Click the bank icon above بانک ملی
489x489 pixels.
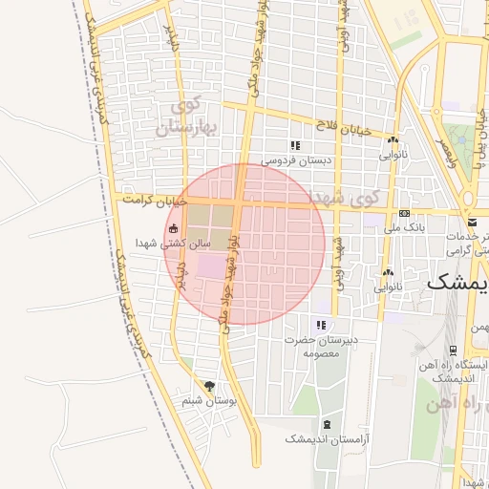coord(404,213)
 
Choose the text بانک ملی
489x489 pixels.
coord(403,228)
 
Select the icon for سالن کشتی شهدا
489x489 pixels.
coord(174,228)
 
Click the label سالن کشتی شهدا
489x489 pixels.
coord(172,244)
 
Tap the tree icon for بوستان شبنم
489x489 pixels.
coord(210,385)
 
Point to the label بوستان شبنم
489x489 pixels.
coord(209,401)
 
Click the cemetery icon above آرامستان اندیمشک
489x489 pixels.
coord(328,423)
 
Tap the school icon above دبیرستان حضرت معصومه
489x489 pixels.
coord(320,324)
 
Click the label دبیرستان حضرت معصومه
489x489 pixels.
coord(319,346)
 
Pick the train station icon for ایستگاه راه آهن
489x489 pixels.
coord(453,351)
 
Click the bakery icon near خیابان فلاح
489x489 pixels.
coord(393,140)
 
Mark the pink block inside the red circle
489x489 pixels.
coord(208,266)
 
